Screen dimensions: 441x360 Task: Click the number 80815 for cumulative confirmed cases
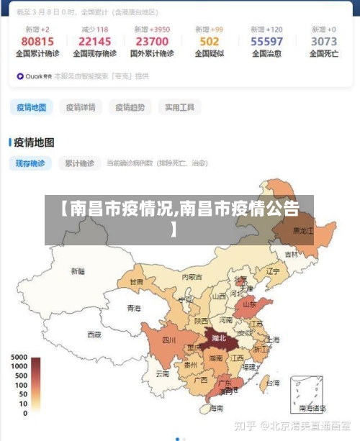point(37,42)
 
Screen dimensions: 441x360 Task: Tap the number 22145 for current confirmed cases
point(95,42)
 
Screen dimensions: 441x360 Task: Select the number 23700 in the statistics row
point(152,42)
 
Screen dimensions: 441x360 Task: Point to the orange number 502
point(210,42)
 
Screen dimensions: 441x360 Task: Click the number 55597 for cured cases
point(266,42)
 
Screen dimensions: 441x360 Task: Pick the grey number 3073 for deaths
point(323,42)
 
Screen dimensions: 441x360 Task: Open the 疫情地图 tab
point(32,107)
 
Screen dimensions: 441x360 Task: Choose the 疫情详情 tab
point(81,107)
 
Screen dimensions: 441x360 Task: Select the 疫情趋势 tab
point(130,107)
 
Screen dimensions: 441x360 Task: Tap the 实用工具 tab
point(179,107)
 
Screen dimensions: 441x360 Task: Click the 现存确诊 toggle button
point(30,163)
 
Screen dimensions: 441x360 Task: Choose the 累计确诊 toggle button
point(77,163)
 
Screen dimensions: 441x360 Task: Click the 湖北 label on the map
point(217,337)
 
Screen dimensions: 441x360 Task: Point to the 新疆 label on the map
point(78,271)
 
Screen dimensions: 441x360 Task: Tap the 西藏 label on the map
point(94,335)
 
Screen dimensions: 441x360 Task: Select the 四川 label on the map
point(168,340)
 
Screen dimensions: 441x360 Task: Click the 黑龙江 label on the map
point(302,231)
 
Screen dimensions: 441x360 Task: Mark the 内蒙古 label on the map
point(192,276)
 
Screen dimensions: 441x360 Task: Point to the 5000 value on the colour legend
point(19,358)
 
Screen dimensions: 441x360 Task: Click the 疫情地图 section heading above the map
point(35,142)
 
